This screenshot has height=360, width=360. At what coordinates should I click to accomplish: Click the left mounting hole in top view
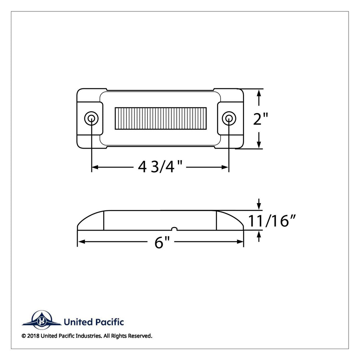point(91,119)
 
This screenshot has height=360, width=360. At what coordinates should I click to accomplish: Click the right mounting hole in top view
point(229,119)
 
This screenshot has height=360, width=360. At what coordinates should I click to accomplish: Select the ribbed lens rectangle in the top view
point(160,118)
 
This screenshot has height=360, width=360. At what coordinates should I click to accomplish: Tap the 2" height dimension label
point(260,119)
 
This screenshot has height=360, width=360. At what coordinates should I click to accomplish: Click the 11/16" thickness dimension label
point(272,220)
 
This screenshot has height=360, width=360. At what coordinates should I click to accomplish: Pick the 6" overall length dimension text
point(162,242)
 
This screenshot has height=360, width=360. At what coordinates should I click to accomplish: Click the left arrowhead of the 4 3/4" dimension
point(95,167)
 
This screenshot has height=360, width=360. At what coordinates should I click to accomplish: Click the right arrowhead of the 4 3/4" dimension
point(225,167)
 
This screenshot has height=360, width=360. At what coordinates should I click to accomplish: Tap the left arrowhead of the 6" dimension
point(81,242)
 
